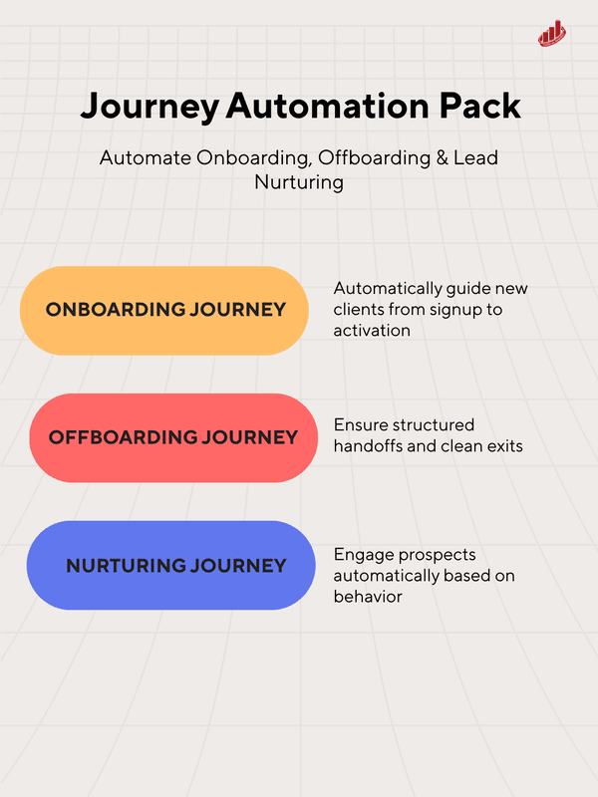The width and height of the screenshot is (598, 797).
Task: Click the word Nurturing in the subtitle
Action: [298, 182]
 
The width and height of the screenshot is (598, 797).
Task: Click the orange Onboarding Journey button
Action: [165, 310]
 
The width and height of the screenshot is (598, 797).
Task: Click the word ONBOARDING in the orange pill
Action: [116, 310]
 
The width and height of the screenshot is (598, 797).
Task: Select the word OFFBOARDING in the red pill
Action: [122, 437]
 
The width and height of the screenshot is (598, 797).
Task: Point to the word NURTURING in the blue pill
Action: [128, 566]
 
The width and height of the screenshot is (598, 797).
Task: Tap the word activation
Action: [372, 330]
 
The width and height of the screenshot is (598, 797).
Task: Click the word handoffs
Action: [368, 445]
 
